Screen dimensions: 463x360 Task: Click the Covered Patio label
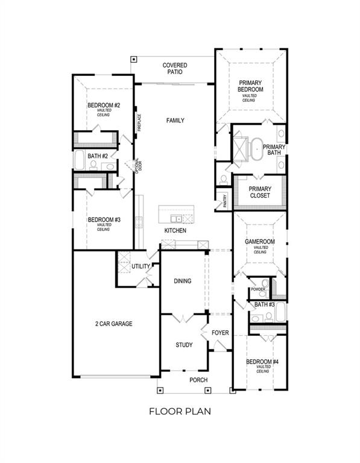[174, 68]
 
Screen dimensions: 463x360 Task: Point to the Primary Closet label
[261, 192]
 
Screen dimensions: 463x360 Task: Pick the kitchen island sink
[176, 218]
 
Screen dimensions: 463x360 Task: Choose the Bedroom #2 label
[104, 106]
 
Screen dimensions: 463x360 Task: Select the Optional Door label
[137, 166]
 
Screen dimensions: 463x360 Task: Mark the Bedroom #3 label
[104, 220]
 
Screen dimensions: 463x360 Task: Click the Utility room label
[141, 266]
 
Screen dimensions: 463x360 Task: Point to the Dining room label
[183, 281]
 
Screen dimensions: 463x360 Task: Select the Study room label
[184, 345]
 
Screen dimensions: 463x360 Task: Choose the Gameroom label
[260, 242]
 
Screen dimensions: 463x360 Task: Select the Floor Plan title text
[180, 412]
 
